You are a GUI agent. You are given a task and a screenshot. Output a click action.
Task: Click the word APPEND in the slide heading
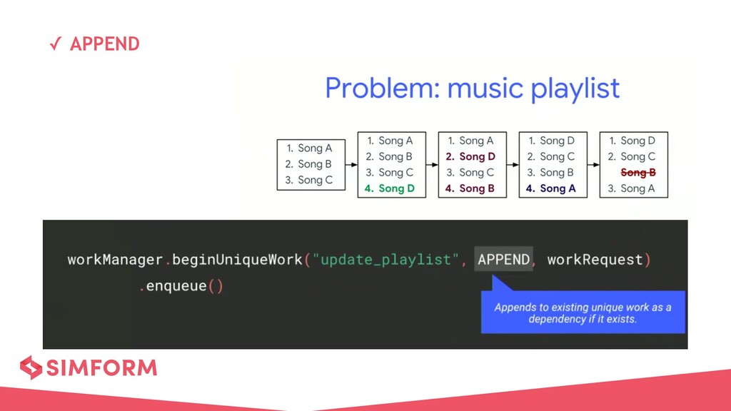click(x=105, y=44)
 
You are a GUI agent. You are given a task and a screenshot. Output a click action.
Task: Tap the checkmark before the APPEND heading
click(x=54, y=45)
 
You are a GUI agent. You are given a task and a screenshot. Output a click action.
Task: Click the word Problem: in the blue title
click(x=382, y=89)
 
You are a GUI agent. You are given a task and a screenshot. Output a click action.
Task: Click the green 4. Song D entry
click(x=390, y=188)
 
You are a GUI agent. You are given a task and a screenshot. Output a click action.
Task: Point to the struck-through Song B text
click(x=638, y=173)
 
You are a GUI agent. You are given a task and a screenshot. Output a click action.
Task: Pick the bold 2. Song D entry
click(x=470, y=157)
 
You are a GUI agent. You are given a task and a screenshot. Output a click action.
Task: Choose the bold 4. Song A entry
click(x=551, y=188)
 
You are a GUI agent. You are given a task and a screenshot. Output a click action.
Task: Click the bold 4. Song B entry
click(x=470, y=188)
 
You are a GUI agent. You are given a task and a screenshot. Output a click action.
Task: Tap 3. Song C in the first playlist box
click(x=309, y=180)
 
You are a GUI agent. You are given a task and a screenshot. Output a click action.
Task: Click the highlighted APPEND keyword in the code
click(x=504, y=260)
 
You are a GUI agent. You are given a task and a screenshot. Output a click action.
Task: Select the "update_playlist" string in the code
click(x=385, y=260)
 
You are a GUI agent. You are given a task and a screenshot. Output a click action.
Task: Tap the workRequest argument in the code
click(x=595, y=260)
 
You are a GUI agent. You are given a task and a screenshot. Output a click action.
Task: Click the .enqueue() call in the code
click(x=181, y=287)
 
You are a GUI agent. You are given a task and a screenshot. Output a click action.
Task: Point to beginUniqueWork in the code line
click(x=237, y=260)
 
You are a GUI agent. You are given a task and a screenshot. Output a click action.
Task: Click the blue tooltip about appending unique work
click(x=583, y=313)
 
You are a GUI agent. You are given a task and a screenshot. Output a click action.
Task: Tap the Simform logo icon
click(x=31, y=367)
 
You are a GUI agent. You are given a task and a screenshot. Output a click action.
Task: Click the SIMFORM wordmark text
click(x=101, y=368)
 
